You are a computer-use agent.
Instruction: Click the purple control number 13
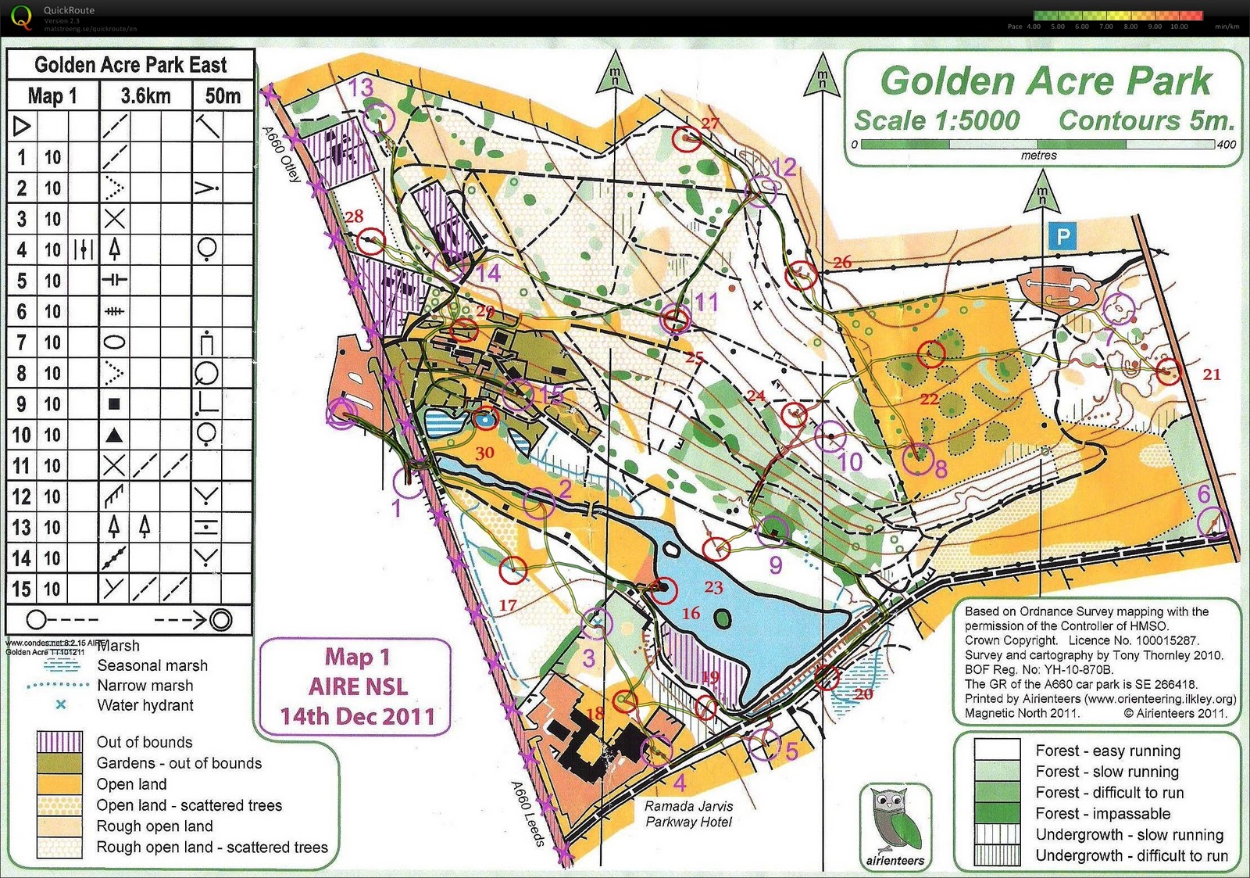[x=361, y=88]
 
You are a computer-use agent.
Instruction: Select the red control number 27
[x=710, y=123]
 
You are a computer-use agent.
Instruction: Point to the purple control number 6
[x=1204, y=493]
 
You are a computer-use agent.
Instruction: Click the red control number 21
[x=1212, y=374]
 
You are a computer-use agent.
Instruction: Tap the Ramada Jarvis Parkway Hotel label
[x=688, y=814]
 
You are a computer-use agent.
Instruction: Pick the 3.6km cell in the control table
[x=145, y=95]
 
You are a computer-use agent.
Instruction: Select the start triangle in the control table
[x=22, y=126]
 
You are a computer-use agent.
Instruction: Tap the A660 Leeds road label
[x=528, y=812]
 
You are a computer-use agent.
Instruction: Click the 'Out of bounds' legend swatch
[x=59, y=741]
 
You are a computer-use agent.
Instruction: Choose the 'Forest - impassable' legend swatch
[x=997, y=813]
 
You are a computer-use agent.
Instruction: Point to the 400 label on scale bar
[x=1227, y=144]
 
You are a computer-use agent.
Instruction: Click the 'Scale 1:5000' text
[x=937, y=120]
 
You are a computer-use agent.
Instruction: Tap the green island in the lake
[x=723, y=618]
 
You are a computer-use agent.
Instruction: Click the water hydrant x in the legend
[x=60, y=704]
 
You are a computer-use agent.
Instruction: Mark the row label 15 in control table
[x=21, y=589]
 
